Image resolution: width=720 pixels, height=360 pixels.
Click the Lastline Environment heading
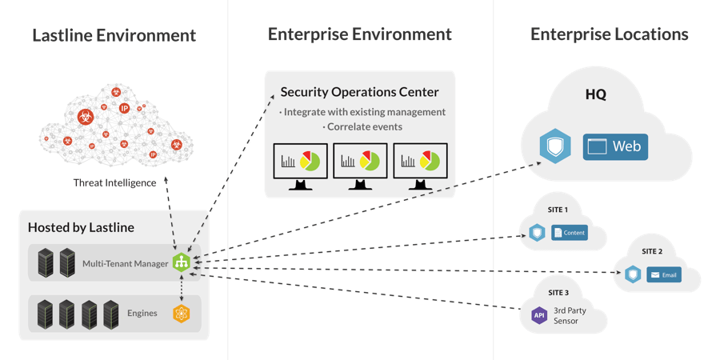[114, 35]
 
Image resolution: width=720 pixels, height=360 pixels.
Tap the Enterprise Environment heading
[359, 35]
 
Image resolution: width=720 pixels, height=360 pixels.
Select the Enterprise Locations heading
[609, 35]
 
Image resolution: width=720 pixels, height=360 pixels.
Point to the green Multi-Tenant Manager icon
[182, 262]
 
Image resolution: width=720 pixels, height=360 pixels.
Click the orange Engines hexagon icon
[182, 312]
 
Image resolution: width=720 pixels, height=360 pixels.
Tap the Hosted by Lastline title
[81, 227]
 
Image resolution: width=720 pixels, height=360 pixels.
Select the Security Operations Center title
[359, 92]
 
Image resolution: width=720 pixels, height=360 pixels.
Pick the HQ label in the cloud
[595, 94]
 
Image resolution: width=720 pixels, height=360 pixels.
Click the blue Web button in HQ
[615, 146]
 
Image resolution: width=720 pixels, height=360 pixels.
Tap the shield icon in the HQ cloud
[554, 146]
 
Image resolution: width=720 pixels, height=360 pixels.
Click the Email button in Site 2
[664, 275]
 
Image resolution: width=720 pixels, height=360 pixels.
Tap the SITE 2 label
[651, 251]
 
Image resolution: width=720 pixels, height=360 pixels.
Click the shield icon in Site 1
[538, 233]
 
